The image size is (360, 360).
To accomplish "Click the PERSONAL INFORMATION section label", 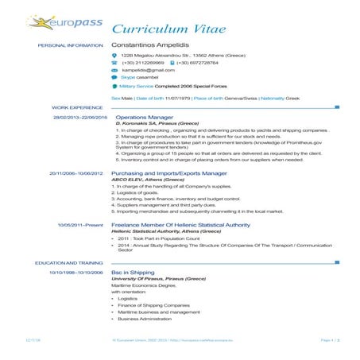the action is coord(70,47).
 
